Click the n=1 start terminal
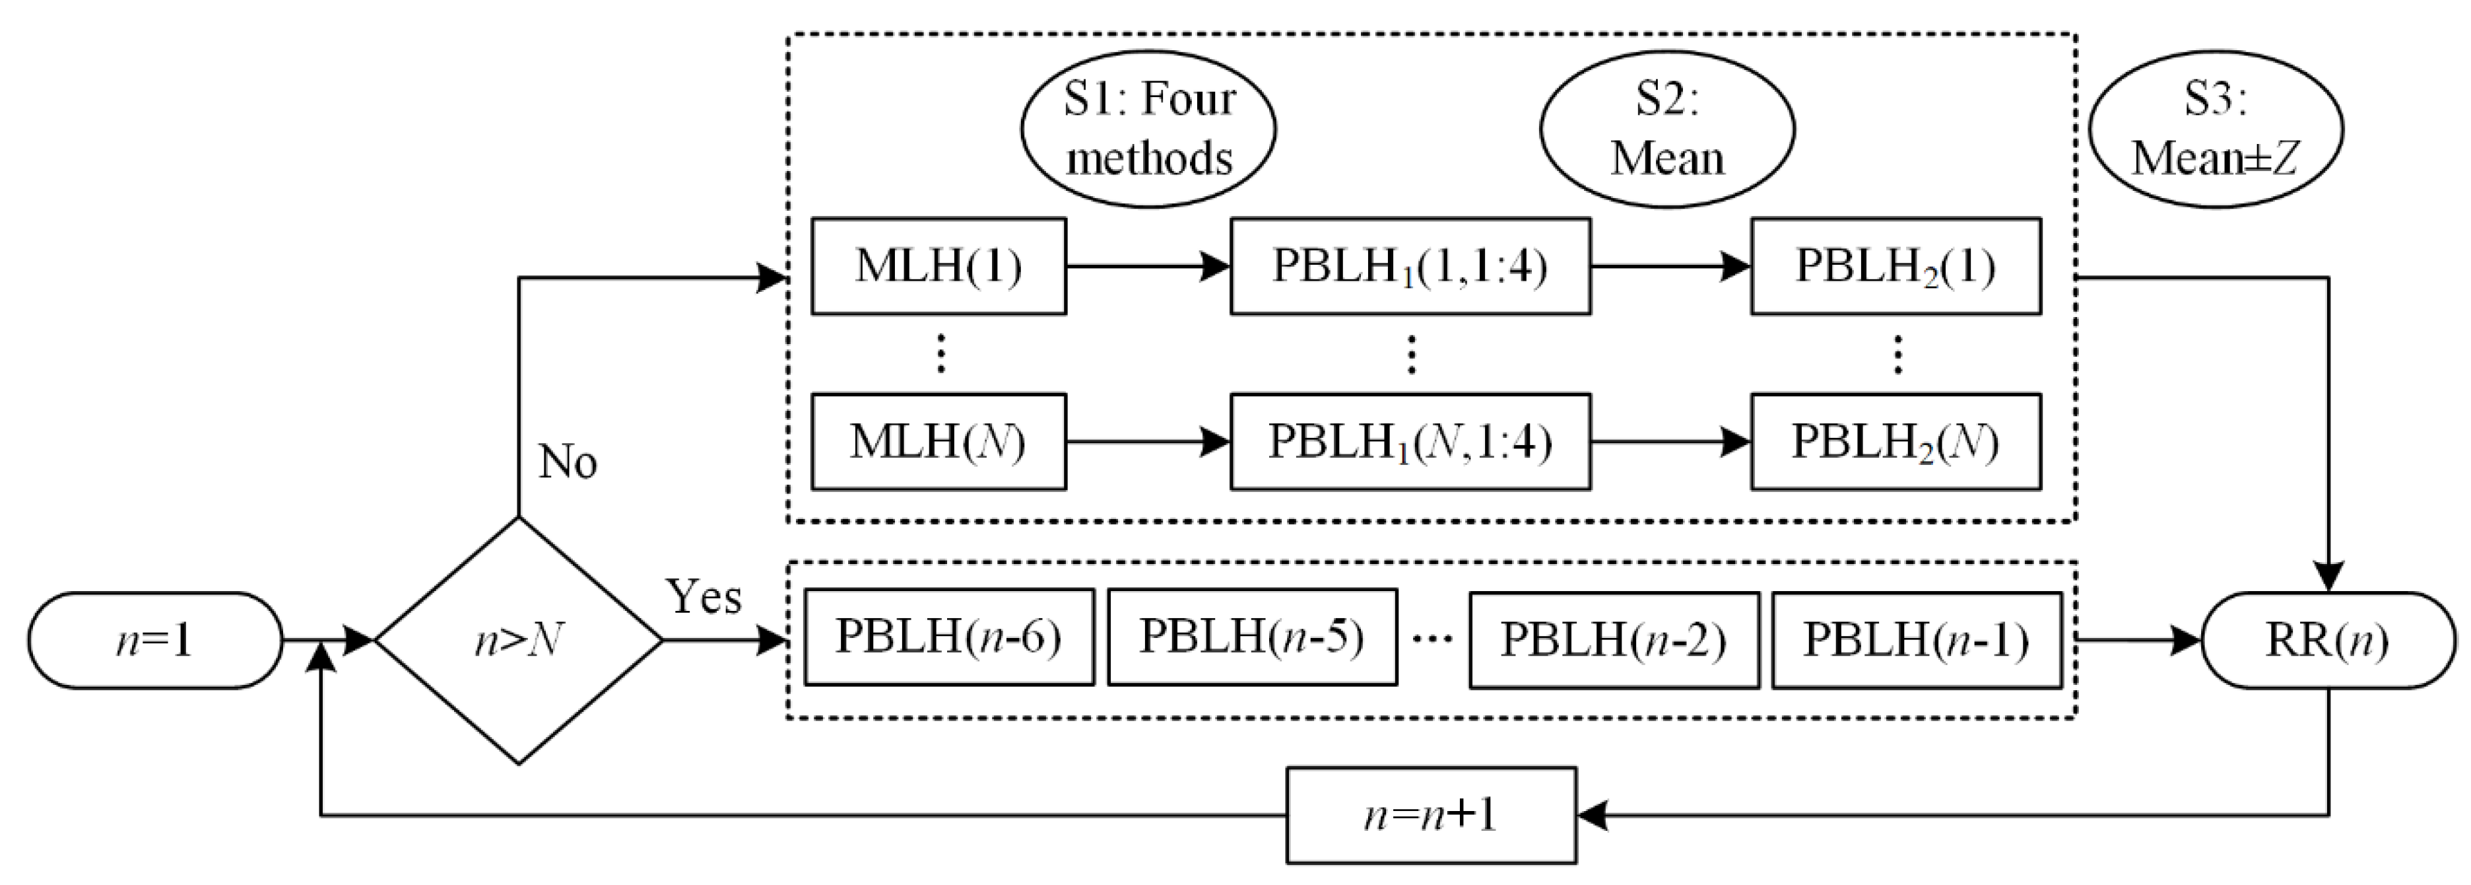point(154,640)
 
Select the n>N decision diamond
point(518,640)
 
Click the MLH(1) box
point(938,266)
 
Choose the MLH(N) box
point(938,442)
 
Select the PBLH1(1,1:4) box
point(1410,266)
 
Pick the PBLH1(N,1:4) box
point(1410,442)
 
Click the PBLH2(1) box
point(1895,266)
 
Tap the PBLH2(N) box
point(1895,442)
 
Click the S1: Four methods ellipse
point(1148,129)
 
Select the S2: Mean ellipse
point(1667,129)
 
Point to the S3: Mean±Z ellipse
point(2216,129)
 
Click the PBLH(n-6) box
point(948,637)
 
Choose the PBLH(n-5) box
point(1252,637)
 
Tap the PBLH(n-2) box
point(1614,640)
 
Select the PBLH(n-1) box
point(1917,640)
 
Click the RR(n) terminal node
point(2327,640)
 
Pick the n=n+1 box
point(1430,815)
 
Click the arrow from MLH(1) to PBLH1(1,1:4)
point(1147,266)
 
